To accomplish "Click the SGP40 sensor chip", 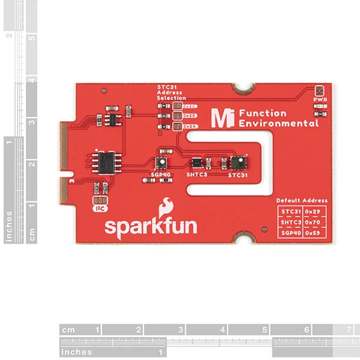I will [x=161, y=163].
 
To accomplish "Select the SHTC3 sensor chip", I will [x=197, y=162].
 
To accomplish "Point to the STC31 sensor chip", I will [x=237, y=162].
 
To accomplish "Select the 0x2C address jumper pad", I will [x=177, y=106].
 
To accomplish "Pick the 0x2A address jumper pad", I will [x=177, y=126].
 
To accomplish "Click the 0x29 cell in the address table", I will [x=314, y=212].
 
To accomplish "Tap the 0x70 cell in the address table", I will [x=314, y=222].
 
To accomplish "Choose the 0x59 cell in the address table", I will [x=314, y=232].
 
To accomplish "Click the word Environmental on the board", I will [x=278, y=124].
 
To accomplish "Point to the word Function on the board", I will [x=262, y=113].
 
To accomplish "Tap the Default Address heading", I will [x=302, y=200].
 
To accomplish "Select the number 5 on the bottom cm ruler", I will [x=265, y=330].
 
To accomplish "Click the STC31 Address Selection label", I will [x=172, y=92].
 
